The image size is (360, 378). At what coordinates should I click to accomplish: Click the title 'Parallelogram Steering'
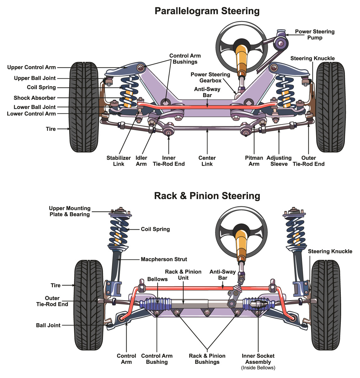click(x=207, y=11)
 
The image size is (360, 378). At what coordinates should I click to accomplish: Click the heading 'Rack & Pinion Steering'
click(x=207, y=196)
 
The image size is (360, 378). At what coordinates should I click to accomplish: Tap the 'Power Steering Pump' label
click(x=315, y=34)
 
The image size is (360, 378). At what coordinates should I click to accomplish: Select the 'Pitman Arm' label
click(x=254, y=161)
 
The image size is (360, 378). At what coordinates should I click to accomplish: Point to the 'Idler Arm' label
click(x=141, y=161)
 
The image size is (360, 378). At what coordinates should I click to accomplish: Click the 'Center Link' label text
click(x=207, y=161)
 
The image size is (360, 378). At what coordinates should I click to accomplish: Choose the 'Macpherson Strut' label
click(x=164, y=259)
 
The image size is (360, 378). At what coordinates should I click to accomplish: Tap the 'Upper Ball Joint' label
click(x=35, y=78)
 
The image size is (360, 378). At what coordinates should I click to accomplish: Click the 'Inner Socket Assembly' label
click(x=258, y=359)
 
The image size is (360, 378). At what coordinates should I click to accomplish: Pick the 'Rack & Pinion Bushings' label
click(x=207, y=359)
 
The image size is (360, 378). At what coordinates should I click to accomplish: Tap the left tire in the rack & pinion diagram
click(x=89, y=305)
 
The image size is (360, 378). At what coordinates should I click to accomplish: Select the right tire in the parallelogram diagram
click(x=331, y=107)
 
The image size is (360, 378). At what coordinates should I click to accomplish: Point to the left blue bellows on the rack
click(x=156, y=304)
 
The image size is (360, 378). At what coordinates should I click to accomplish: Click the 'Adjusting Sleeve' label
click(x=279, y=161)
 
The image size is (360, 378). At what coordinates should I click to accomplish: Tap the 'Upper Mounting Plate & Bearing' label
click(x=70, y=211)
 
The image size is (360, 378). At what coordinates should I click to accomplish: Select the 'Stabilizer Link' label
click(x=118, y=161)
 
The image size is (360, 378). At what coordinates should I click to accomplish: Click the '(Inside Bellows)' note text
click(x=258, y=368)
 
